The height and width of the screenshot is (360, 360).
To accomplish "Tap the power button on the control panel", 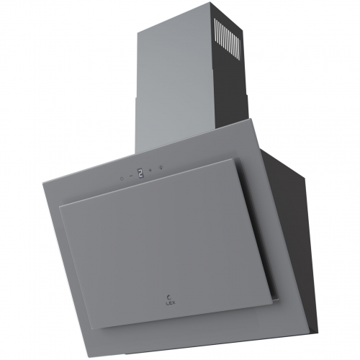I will pos(122,179).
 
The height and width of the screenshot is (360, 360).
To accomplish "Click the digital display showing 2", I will pos(140,173).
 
